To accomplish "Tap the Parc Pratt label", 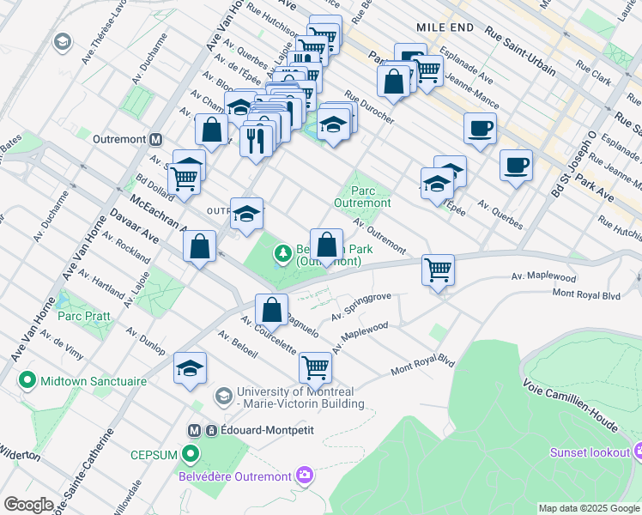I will coord(83,316).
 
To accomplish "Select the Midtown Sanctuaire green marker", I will coord(27,379).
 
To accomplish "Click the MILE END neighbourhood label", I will coord(445,27).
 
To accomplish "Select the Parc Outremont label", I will coord(368,197).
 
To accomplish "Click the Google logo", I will coord(28,505).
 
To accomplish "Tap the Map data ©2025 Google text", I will coord(588,508).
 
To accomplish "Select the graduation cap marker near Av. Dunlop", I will coord(190,368).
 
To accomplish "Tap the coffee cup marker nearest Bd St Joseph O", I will coord(516,164).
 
